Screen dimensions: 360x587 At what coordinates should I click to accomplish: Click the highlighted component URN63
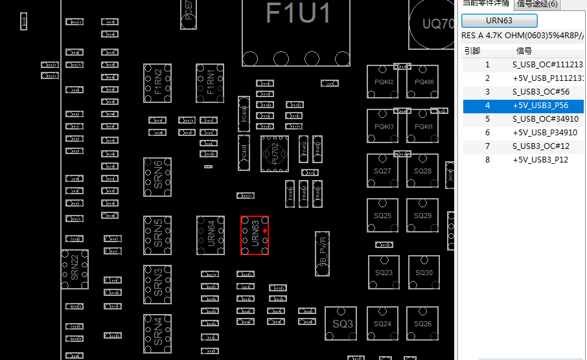(255, 236)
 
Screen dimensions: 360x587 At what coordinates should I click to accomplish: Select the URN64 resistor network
(211, 236)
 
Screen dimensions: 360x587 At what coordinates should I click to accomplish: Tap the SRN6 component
(157, 177)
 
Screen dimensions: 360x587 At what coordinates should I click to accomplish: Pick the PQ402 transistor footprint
(384, 82)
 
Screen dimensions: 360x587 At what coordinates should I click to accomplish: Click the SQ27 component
(383, 171)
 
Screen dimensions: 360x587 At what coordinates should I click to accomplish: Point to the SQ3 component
(342, 323)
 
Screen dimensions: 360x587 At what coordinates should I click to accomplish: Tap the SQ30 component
(424, 273)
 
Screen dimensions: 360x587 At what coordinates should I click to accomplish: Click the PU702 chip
(275, 153)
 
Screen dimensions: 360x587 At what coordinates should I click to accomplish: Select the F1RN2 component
(157, 83)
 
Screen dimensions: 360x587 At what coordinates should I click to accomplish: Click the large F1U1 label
(299, 13)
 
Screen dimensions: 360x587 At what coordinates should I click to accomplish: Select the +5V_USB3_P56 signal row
(540, 106)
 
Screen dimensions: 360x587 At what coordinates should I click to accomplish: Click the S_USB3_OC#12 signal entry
(541, 146)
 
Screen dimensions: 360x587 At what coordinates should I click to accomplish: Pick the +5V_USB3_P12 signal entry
(540, 160)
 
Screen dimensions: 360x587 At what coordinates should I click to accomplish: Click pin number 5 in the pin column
(487, 119)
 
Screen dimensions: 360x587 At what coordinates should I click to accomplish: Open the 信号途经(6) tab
(537, 5)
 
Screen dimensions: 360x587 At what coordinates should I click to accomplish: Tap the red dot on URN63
(265, 229)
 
